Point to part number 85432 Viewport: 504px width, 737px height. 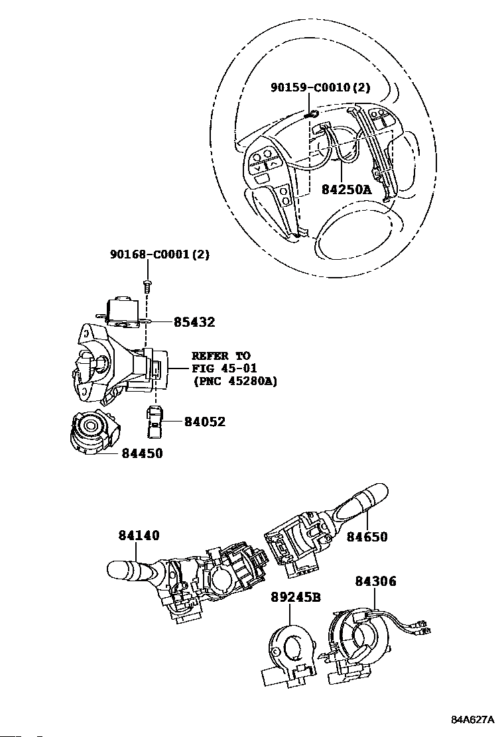pos(194,323)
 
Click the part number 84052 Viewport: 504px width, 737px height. pos(204,422)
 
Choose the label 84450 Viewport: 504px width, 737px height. pos(142,453)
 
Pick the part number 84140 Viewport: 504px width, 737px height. pos(139,536)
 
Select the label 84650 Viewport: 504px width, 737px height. pos(367,537)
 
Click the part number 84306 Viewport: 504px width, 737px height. pos(375,581)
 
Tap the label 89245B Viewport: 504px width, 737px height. pos(296,596)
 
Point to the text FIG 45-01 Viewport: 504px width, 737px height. pos(216,368)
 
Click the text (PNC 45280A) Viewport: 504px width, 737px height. pos(235,381)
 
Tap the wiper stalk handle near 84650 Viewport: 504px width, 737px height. pos(361,504)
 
